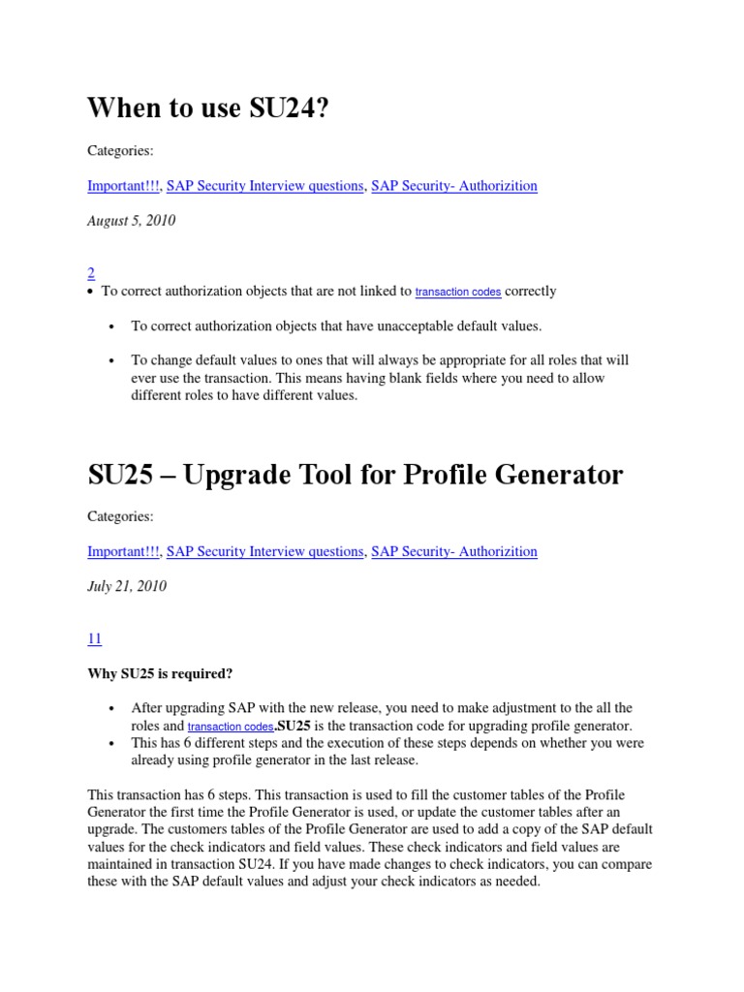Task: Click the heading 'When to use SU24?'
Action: (x=208, y=108)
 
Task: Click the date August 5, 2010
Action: (x=131, y=221)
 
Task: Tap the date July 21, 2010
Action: (x=126, y=586)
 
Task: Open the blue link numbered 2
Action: (x=91, y=273)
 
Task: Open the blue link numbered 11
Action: (x=94, y=638)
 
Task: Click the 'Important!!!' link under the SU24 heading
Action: (x=124, y=186)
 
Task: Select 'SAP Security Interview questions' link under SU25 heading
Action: (x=264, y=551)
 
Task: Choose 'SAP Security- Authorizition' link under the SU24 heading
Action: (x=453, y=186)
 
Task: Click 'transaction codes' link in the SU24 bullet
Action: (x=458, y=292)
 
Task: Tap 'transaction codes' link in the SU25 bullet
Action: (x=230, y=727)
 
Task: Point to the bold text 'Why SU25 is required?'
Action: (x=160, y=673)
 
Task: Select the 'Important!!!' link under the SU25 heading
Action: (x=124, y=551)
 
